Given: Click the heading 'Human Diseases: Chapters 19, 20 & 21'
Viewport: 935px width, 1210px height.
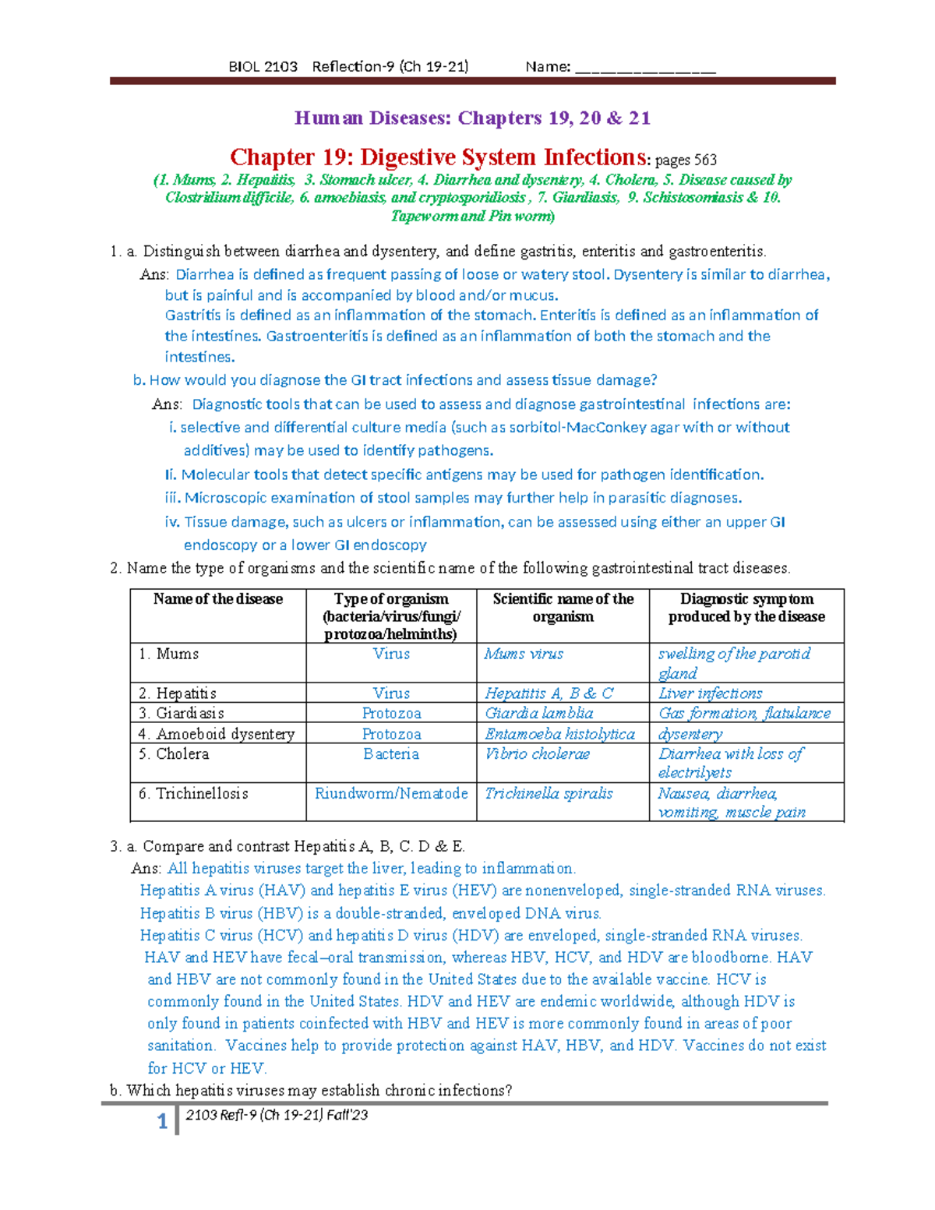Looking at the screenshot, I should (x=472, y=118).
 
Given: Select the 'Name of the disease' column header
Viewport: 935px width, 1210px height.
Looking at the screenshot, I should (x=218, y=599).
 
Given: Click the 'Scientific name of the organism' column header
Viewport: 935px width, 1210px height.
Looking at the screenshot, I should (x=563, y=608).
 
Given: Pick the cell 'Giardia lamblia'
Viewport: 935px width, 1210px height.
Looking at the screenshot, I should (x=539, y=714).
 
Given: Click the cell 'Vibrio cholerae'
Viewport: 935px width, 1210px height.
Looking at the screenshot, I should (x=537, y=754).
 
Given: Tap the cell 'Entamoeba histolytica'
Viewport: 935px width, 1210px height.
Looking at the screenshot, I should (x=559, y=734).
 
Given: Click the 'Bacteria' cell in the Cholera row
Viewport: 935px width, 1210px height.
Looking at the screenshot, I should (x=391, y=754).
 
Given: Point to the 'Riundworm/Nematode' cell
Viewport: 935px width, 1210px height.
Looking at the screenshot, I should (x=391, y=794).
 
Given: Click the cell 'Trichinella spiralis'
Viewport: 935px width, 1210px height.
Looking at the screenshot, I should (x=549, y=794).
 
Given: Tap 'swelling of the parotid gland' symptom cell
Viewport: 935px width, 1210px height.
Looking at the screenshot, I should (x=734, y=663).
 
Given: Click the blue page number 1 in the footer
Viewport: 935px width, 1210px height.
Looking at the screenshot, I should (x=162, y=1121).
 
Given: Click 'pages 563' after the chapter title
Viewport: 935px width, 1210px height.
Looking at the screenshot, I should (x=686, y=161).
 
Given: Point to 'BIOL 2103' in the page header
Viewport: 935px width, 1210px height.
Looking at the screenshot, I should (x=263, y=67).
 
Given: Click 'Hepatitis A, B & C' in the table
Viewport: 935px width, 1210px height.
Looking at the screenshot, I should (x=549, y=693).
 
